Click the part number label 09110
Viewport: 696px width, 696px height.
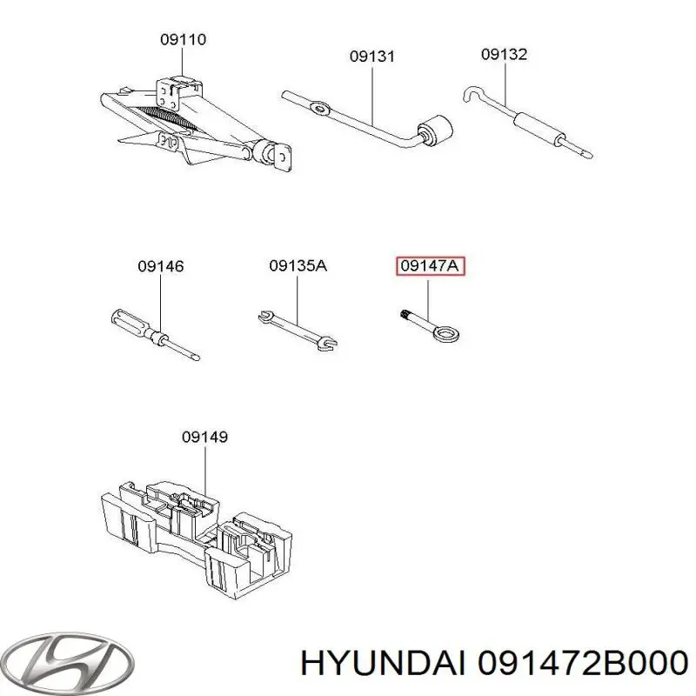pyautogui.click(x=183, y=39)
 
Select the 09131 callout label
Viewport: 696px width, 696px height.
pyautogui.click(x=372, y=57)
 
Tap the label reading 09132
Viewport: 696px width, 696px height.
pyautogui.click(x=505, y=54)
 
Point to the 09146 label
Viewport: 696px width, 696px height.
pyautogui.click(x=161, y=266)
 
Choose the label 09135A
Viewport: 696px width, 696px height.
pyautogui.click(x=298, y=266)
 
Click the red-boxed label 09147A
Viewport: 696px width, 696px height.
pyautogui.click(x=431, y=266)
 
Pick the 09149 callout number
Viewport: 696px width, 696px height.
pyautogui.click(x=205, y=438)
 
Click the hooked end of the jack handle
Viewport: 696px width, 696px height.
pyautogui.click(x=471, y=92)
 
